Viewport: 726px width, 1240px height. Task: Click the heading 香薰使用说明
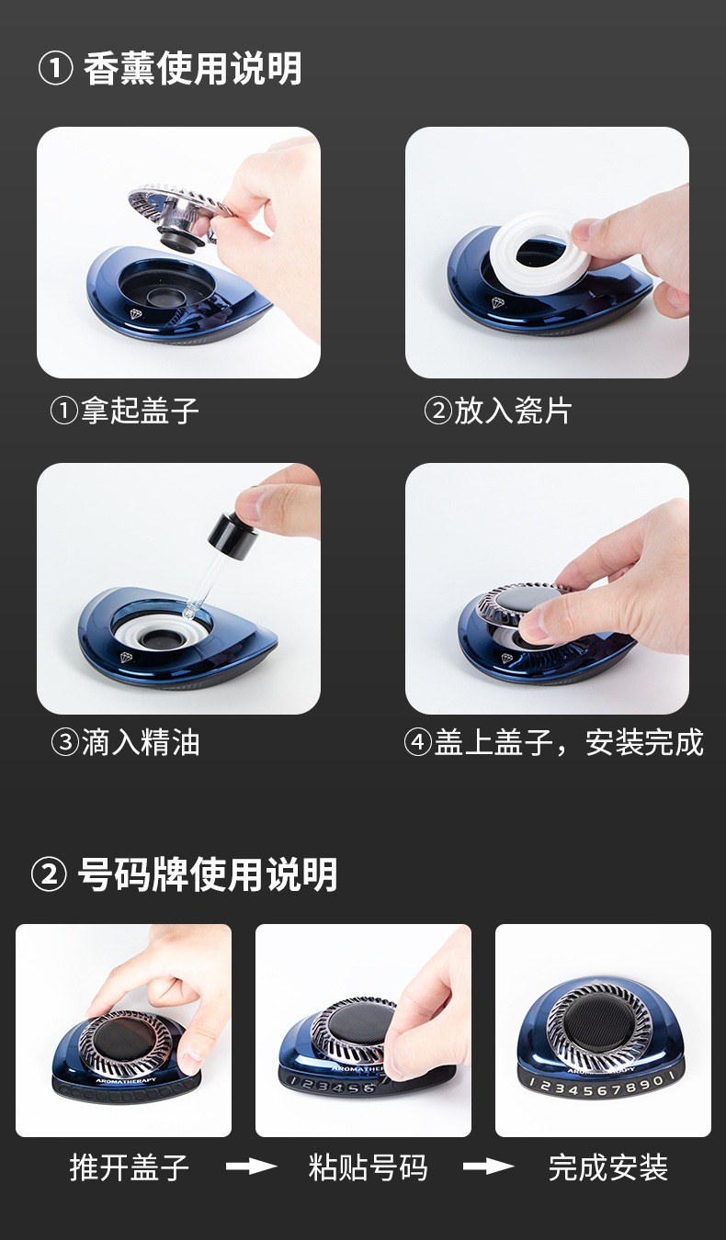tap(192, 69)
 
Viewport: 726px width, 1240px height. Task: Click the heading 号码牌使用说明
tap(208, 875)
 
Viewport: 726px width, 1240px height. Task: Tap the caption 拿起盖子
tap(140, 411)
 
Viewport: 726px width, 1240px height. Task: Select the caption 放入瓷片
tap(513, 411)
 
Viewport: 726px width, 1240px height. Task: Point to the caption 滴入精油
tap(140, 742)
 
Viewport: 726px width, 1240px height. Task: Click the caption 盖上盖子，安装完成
tap(569, 742)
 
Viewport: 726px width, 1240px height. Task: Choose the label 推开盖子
tap(130, 1167)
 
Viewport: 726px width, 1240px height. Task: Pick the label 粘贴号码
tap(368, 1167)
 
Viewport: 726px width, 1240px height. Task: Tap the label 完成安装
tap(607, 1167)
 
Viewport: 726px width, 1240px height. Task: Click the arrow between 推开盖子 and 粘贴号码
tap(251, 1167)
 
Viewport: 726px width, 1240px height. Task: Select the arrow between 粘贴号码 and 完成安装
tap(488, 1167)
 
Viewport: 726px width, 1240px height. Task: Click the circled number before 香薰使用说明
tap(55, 70)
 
